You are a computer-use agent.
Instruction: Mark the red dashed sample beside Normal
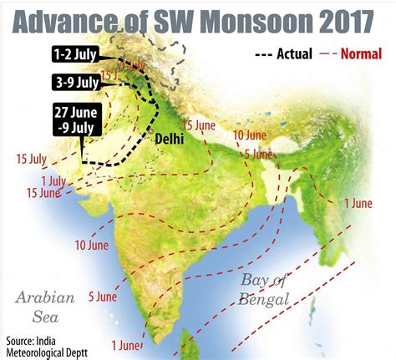(x=327, y=54)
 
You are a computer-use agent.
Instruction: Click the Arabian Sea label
(x=48, y=305)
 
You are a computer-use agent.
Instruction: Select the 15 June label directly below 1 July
(x=43, y=193)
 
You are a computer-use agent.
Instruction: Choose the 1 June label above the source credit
(x=126, y=342)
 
